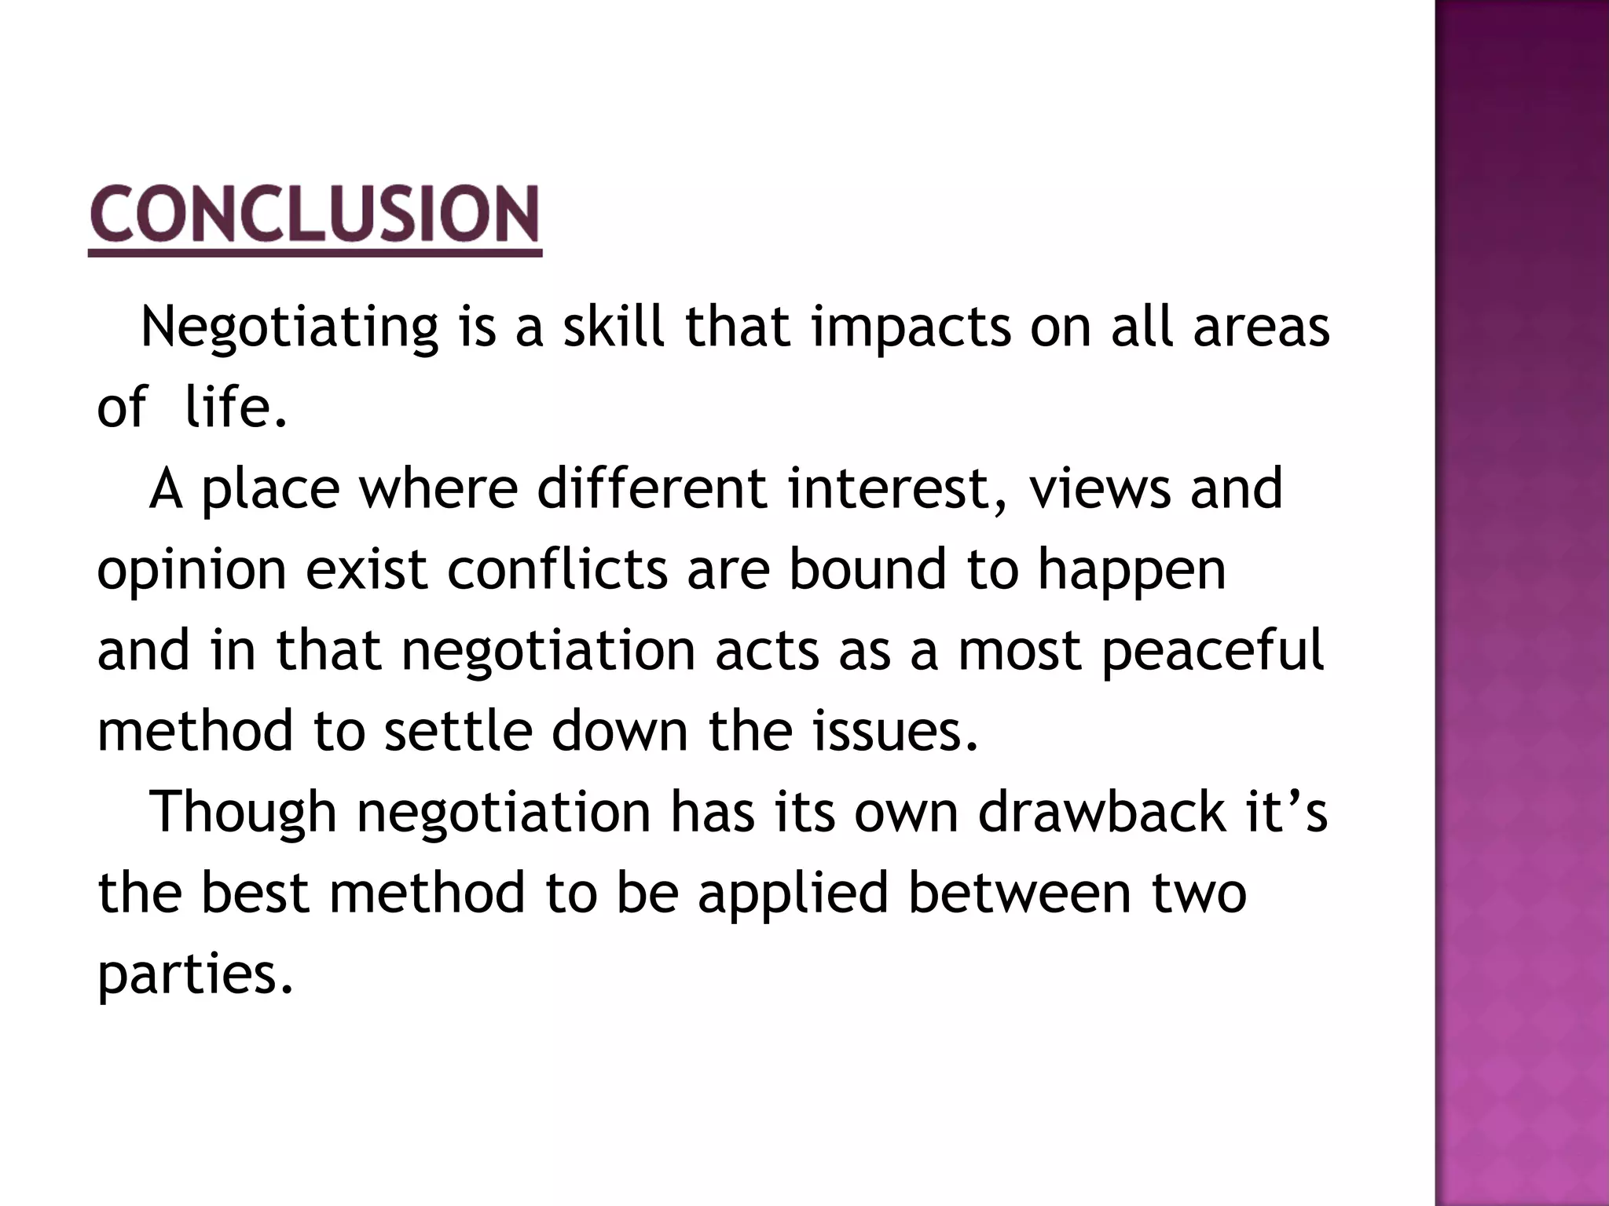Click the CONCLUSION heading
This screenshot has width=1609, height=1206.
click(x=315, y=214)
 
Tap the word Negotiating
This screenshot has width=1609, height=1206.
click(x=288, y=327)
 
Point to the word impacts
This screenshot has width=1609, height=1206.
click(x=911, y=327)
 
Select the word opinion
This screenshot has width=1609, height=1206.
click(x=192, y=572)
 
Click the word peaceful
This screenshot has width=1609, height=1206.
click(x=1213, y=652)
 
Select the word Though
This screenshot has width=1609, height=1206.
click(x=243, y=813)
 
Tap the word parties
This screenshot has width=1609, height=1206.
click(x=195, y=974)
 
